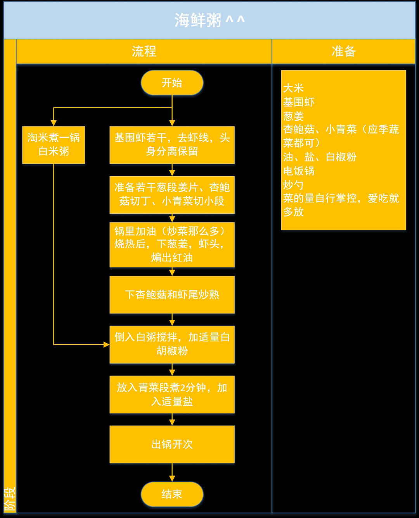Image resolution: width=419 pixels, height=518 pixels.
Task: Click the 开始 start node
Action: point(172,83)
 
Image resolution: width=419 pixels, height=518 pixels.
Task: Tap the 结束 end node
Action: point(172,494)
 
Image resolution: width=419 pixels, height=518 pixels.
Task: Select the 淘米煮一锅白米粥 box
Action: point(54,144)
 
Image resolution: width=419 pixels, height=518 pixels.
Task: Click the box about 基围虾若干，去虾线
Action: point(172,144)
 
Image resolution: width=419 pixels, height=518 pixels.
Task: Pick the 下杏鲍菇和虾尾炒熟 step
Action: point(172,295)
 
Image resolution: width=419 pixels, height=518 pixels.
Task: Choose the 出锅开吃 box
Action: point(172,444)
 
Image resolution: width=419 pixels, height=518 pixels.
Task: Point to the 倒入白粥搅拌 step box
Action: point(172,344)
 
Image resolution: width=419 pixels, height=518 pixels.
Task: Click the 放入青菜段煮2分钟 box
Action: point(172,394)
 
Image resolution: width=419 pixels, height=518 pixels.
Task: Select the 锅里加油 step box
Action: point(172,244)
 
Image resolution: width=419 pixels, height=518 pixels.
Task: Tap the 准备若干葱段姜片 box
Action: point(172,194)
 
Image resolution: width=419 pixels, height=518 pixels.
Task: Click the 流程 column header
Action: point(144,51)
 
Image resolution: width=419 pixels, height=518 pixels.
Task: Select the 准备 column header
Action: point(343,51)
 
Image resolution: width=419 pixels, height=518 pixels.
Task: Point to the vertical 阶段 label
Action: point(10,499)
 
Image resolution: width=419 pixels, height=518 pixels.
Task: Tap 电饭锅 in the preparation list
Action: point(299,171)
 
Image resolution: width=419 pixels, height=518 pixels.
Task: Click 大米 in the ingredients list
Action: point(293,88)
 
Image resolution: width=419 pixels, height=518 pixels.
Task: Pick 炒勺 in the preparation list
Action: point(293,185)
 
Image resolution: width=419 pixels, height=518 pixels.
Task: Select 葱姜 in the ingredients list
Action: point(293,116)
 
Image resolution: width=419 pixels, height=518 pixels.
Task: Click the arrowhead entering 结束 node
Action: point(172,478)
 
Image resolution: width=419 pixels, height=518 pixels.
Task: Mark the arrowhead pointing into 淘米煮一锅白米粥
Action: point(54,123)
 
